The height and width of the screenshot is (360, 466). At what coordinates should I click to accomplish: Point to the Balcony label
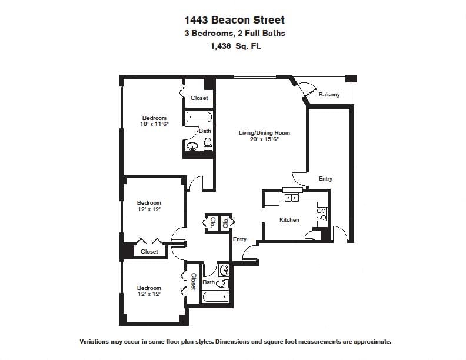(x=329, y=95)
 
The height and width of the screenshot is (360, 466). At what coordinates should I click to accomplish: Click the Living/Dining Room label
(x=264, y=133)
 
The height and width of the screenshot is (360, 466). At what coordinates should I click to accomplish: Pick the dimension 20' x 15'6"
(x=264, y=140)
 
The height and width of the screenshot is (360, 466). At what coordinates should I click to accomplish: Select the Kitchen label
(x=289, y=220)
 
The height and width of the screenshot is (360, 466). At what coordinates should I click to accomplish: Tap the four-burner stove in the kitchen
(x=322, y=214)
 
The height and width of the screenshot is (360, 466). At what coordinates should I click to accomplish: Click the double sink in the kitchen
(x=291, y=198)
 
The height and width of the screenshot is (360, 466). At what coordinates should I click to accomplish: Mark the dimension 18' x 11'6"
(x=154, y=124)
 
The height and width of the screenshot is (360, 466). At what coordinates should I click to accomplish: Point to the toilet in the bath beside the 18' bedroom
(x=208, y=145)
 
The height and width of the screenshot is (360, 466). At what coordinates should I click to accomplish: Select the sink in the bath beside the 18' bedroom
(x=192, y=146)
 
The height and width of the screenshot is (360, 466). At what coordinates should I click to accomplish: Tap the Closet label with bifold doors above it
(x=149, y=252)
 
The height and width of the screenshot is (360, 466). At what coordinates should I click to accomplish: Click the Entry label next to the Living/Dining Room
(x=325, y=179)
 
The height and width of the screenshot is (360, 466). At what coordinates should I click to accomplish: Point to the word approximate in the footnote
(x=371, y=341)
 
